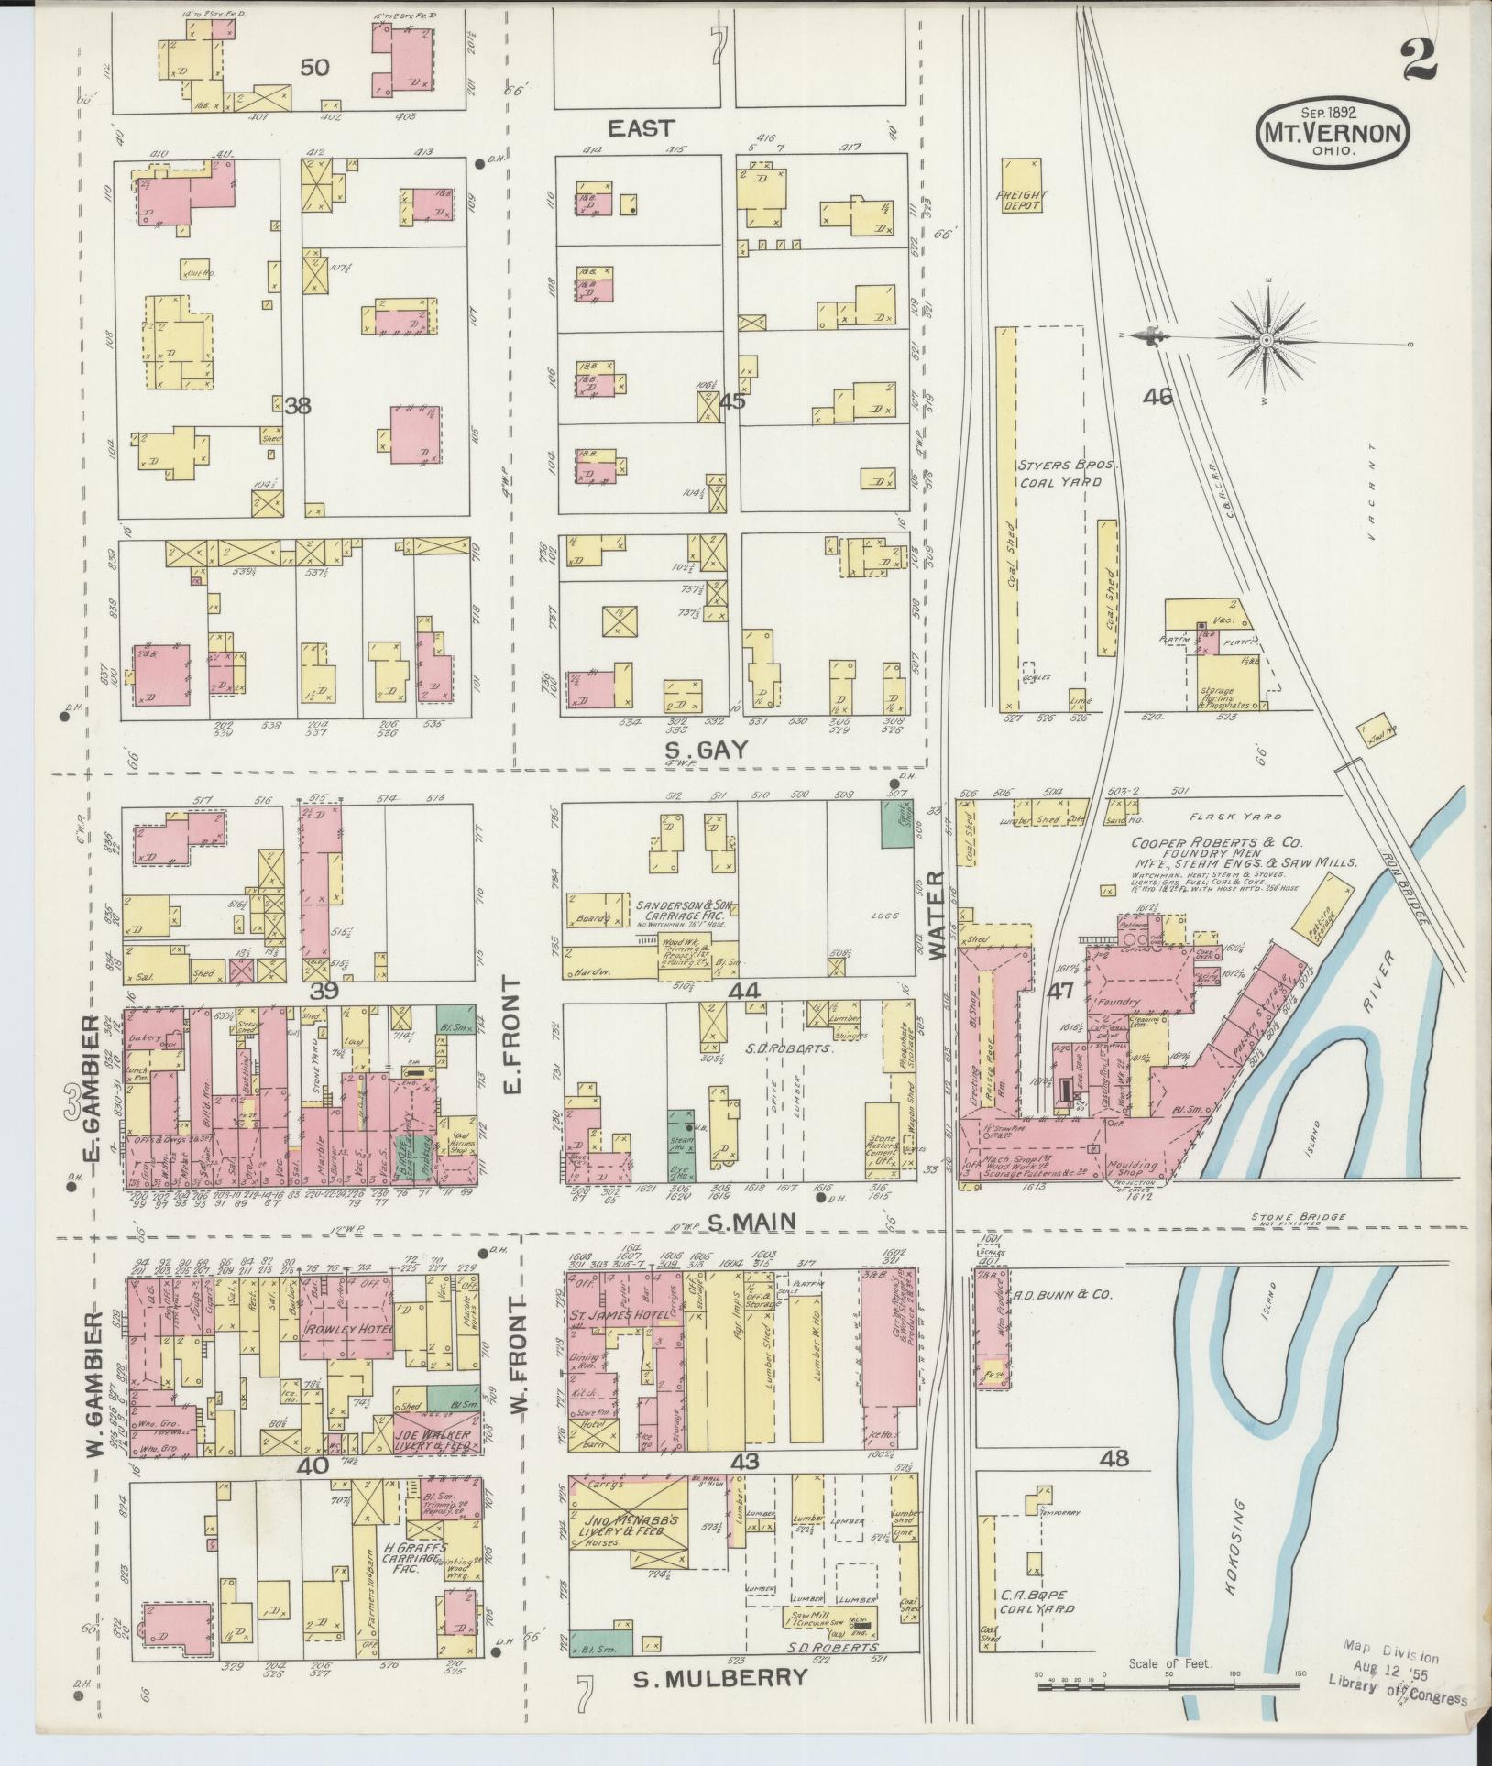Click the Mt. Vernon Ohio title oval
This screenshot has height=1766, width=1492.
click(x=1333, y=133)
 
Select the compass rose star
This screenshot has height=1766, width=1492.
click(x=1266, y=341)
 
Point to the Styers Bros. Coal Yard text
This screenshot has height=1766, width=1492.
click(x=1059, y=472)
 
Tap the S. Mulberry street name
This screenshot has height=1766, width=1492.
click(x=721, y=1677)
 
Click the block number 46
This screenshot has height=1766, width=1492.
click(x=1157, y=397)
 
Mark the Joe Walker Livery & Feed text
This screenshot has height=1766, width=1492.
click(x=433, y=1464)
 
